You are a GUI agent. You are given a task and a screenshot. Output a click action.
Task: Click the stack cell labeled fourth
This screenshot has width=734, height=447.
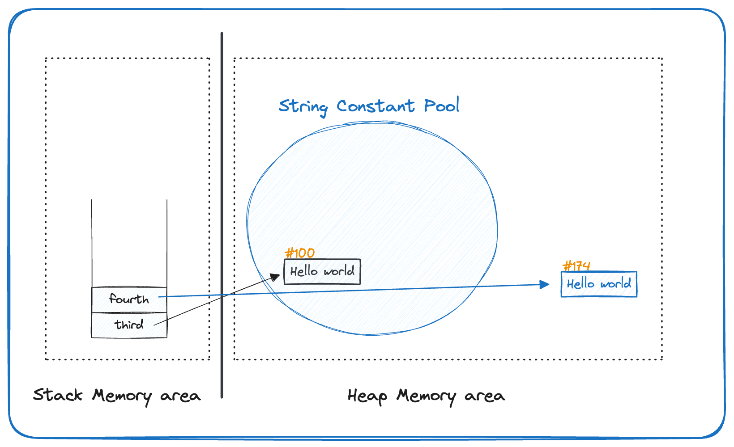coord(129,299)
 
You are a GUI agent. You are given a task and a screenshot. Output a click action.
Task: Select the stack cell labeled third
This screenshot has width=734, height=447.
coord(129,325)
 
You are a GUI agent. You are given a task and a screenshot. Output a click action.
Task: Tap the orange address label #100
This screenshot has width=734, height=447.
coord(300,253)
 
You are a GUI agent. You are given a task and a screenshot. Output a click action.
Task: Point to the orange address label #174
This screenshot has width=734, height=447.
coord(576,266)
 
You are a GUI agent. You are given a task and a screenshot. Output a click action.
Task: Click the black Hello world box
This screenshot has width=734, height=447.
coord(322,271)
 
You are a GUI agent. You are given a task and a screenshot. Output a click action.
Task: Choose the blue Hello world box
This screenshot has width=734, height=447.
coord(599,284)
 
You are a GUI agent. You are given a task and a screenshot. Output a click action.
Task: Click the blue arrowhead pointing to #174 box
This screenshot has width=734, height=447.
coord(545,285)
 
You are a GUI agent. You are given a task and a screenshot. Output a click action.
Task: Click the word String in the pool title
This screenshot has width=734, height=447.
coord(303,107)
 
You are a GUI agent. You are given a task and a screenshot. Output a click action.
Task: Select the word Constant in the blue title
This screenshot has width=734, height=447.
coord(375,106)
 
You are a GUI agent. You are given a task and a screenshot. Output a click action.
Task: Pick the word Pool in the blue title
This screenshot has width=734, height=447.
coord(441,105)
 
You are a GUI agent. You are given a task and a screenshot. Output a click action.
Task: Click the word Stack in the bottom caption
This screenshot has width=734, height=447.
coord(58,395)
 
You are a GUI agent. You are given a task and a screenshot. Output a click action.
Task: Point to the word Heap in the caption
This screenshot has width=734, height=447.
coord(367,396)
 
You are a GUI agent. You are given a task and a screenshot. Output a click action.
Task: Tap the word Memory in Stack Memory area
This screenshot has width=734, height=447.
coord(122,396)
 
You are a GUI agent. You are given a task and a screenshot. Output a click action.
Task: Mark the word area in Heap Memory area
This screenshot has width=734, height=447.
coord(485,396)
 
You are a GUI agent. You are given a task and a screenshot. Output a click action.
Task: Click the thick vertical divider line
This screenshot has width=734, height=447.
coord(222,215)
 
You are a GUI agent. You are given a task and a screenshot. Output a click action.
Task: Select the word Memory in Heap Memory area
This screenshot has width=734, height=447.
coord(426,396)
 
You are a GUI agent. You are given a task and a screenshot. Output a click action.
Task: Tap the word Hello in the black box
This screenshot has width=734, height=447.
coord(304,271)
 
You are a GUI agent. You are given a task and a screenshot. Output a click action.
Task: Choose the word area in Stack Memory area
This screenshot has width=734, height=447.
coord(180,396)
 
